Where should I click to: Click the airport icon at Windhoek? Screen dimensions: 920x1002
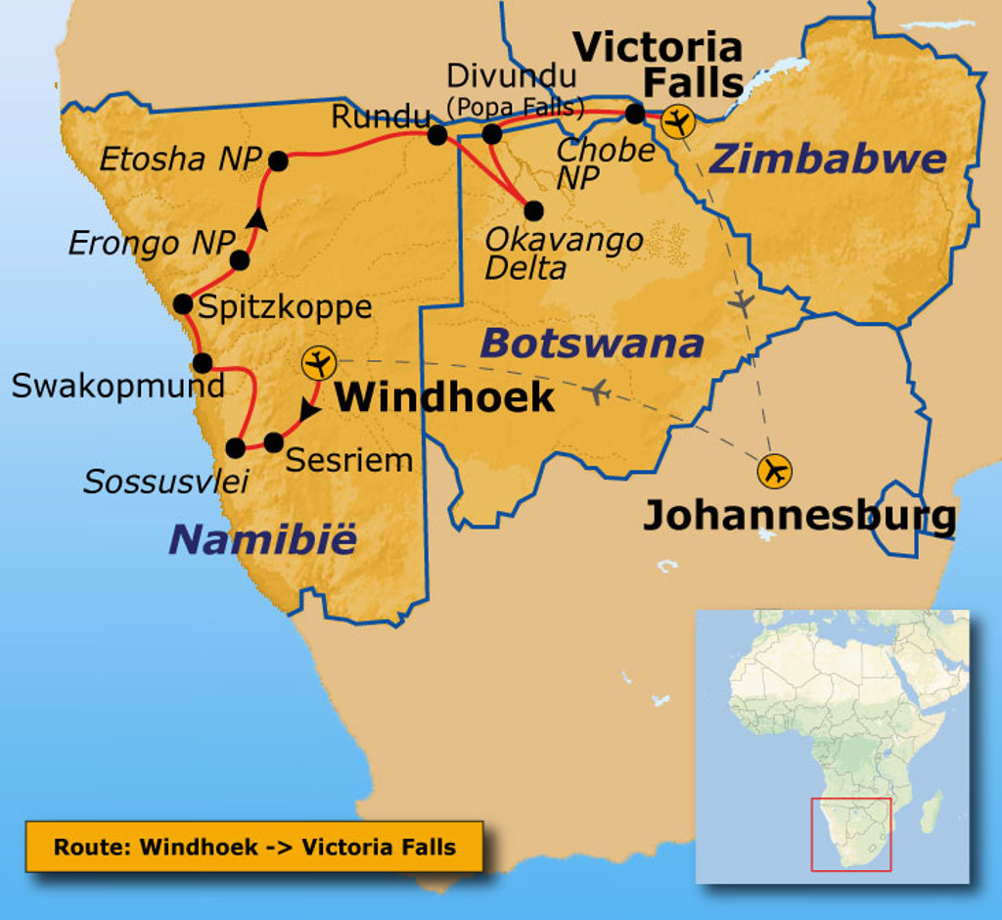318,363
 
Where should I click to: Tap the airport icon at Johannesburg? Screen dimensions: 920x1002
775,471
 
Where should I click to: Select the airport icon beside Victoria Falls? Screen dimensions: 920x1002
677,122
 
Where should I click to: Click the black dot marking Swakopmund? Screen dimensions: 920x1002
203,363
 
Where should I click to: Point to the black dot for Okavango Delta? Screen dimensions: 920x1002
533,210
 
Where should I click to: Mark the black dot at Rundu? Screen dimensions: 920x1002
437,135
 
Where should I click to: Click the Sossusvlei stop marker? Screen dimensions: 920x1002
236,448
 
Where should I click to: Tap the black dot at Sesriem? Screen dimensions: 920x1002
274,442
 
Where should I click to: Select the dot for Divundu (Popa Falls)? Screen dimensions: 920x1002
492,134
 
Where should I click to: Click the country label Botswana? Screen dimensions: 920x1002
593,344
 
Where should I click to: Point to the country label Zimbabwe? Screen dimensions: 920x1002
828,159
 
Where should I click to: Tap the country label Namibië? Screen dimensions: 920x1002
263,539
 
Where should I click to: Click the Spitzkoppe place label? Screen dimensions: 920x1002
285,307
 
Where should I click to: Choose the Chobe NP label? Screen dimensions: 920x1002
605,162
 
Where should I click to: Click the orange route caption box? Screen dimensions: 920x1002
254,847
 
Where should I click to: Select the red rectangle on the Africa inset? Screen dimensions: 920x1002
850,834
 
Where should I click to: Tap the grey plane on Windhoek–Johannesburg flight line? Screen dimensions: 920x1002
598,392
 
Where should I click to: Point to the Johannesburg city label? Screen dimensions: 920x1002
798,516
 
